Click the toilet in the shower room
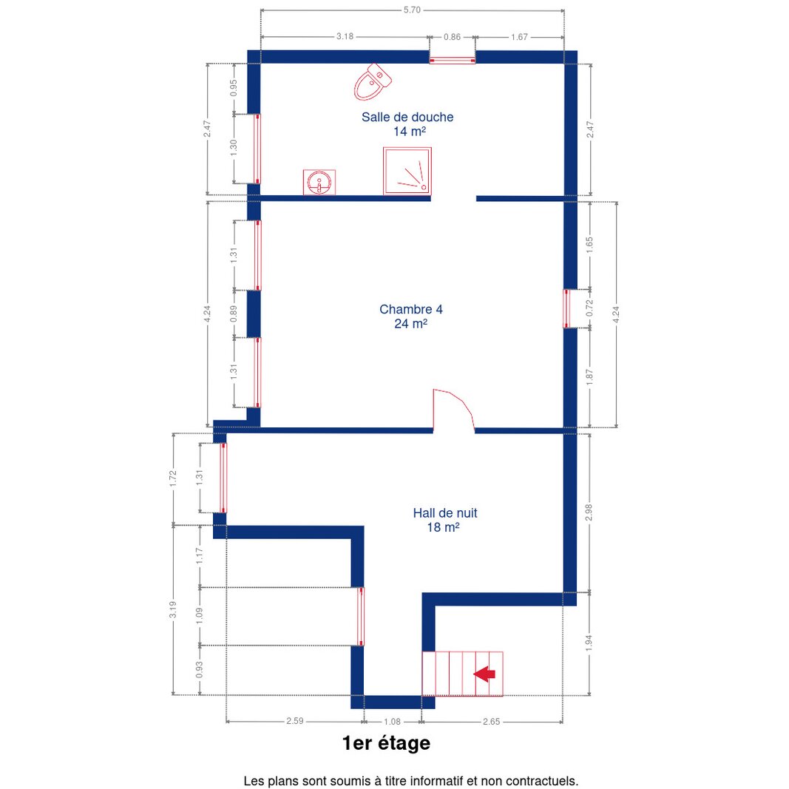[373, 82]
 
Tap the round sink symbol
[319, 182]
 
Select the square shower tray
[407, 171]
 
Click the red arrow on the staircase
[484, 674]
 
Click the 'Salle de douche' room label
[407, 118]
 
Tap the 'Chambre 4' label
[410, 309]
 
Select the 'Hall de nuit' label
[445, 512]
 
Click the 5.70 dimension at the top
[412, 10]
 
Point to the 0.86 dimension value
[452, 37]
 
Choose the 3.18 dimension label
[345, 36]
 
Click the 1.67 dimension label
[519, 37]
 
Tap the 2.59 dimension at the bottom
[295, 720]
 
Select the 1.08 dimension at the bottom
[392, 722]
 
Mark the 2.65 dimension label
[491, 722]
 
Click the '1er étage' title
[386, 742]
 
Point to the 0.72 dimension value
[590, 308]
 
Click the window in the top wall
[453, 61]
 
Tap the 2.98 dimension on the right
[589, 512]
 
